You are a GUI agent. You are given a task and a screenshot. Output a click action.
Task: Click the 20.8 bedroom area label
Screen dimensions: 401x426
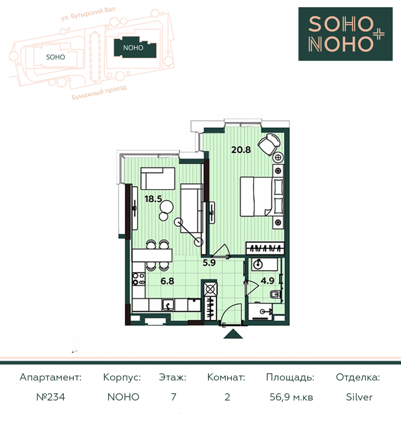click(241, 150)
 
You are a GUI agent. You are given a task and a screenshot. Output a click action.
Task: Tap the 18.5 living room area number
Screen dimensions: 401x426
click(153, 199)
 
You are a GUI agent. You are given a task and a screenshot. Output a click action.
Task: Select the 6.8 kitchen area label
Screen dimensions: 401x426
click(167, 281)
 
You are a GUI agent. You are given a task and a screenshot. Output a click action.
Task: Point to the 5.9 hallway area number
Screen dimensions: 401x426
click(209, 263)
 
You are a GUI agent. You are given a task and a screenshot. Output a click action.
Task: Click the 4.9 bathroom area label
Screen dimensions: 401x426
click(267, 280)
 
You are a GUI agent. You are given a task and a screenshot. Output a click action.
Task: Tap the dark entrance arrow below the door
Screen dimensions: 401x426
click(233, 333)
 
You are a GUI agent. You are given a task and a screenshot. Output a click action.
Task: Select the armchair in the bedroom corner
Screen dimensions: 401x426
click(268, 144)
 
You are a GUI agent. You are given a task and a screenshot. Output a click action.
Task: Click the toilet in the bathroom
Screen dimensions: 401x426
click(276, 294)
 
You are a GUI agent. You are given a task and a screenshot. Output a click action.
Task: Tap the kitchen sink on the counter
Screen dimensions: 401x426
click(169, 305)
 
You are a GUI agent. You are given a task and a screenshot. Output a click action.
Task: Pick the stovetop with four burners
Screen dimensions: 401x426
click(139, 279)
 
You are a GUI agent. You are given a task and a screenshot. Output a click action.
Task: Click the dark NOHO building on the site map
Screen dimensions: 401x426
click(135, 48)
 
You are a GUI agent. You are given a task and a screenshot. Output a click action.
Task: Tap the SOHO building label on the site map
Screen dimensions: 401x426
click(55, 57)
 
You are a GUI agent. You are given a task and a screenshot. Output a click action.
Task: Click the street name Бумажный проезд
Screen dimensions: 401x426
click(99, 93)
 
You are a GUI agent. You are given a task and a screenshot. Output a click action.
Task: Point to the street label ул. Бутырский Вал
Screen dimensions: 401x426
click(88, 14)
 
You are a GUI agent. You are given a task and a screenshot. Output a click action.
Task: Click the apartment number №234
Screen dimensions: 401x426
click(51, 397)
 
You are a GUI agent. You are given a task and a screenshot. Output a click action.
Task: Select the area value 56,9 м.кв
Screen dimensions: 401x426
click(291, 397)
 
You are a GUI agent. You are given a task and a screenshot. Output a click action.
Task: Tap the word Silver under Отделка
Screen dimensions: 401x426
click(359, 397)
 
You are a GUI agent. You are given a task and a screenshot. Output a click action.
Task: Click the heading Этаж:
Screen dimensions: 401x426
click(173, 377)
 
